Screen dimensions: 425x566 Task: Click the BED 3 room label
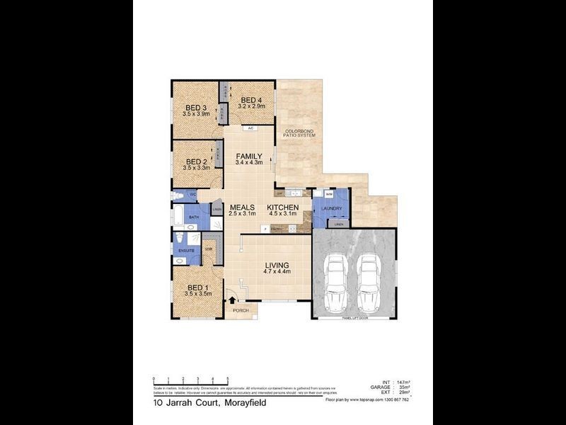tap(194, 108)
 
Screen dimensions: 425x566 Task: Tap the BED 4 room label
tap(252, 101)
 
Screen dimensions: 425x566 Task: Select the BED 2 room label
tap(194, 161)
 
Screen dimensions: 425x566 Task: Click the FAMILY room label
tap(249, 157)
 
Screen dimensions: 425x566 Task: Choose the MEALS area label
tap(241, 208)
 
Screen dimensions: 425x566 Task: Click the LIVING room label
tap(272, 266)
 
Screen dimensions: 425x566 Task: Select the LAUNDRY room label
tap(331, 209)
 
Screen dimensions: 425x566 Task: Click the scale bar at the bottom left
tap(191, 382)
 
